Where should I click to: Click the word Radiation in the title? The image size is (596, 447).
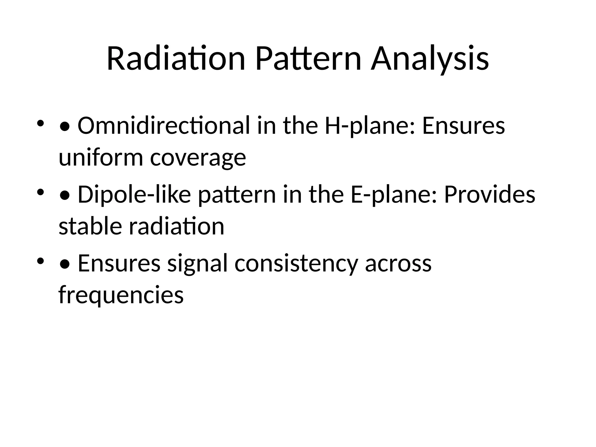[176, 59]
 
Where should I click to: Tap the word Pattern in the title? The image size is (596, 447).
[308, 59]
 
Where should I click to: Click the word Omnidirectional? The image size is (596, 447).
[164, 126]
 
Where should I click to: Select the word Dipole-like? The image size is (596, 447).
[134, 194]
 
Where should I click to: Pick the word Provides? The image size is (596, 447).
[489, 194]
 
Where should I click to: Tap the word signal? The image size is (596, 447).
[197, 263]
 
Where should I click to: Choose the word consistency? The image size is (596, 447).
[296, 263]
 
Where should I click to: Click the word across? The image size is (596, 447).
[398, 263]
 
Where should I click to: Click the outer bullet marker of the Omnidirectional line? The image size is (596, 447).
[40, 123]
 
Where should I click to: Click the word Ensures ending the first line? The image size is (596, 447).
[463, 126]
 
